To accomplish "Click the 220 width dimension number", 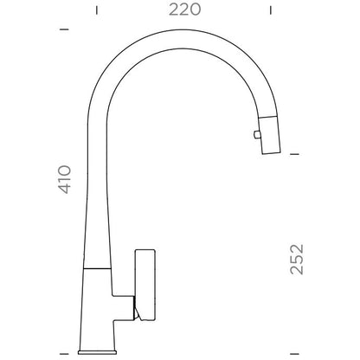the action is [x=184, y=10].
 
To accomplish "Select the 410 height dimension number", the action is [x=65, y=179].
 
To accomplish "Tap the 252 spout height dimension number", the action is [x=297, y=260].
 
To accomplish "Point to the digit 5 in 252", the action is [x=297, y=260].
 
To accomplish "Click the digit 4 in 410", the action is [x=65, y=189].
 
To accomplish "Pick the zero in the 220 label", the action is [x=195, y=10].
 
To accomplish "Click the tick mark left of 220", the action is [x=97, y=10].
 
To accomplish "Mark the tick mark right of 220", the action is [x=271, y=10].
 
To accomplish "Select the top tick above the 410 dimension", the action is [x=64, y=29].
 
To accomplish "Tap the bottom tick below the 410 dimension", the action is [x=64, y=353].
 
